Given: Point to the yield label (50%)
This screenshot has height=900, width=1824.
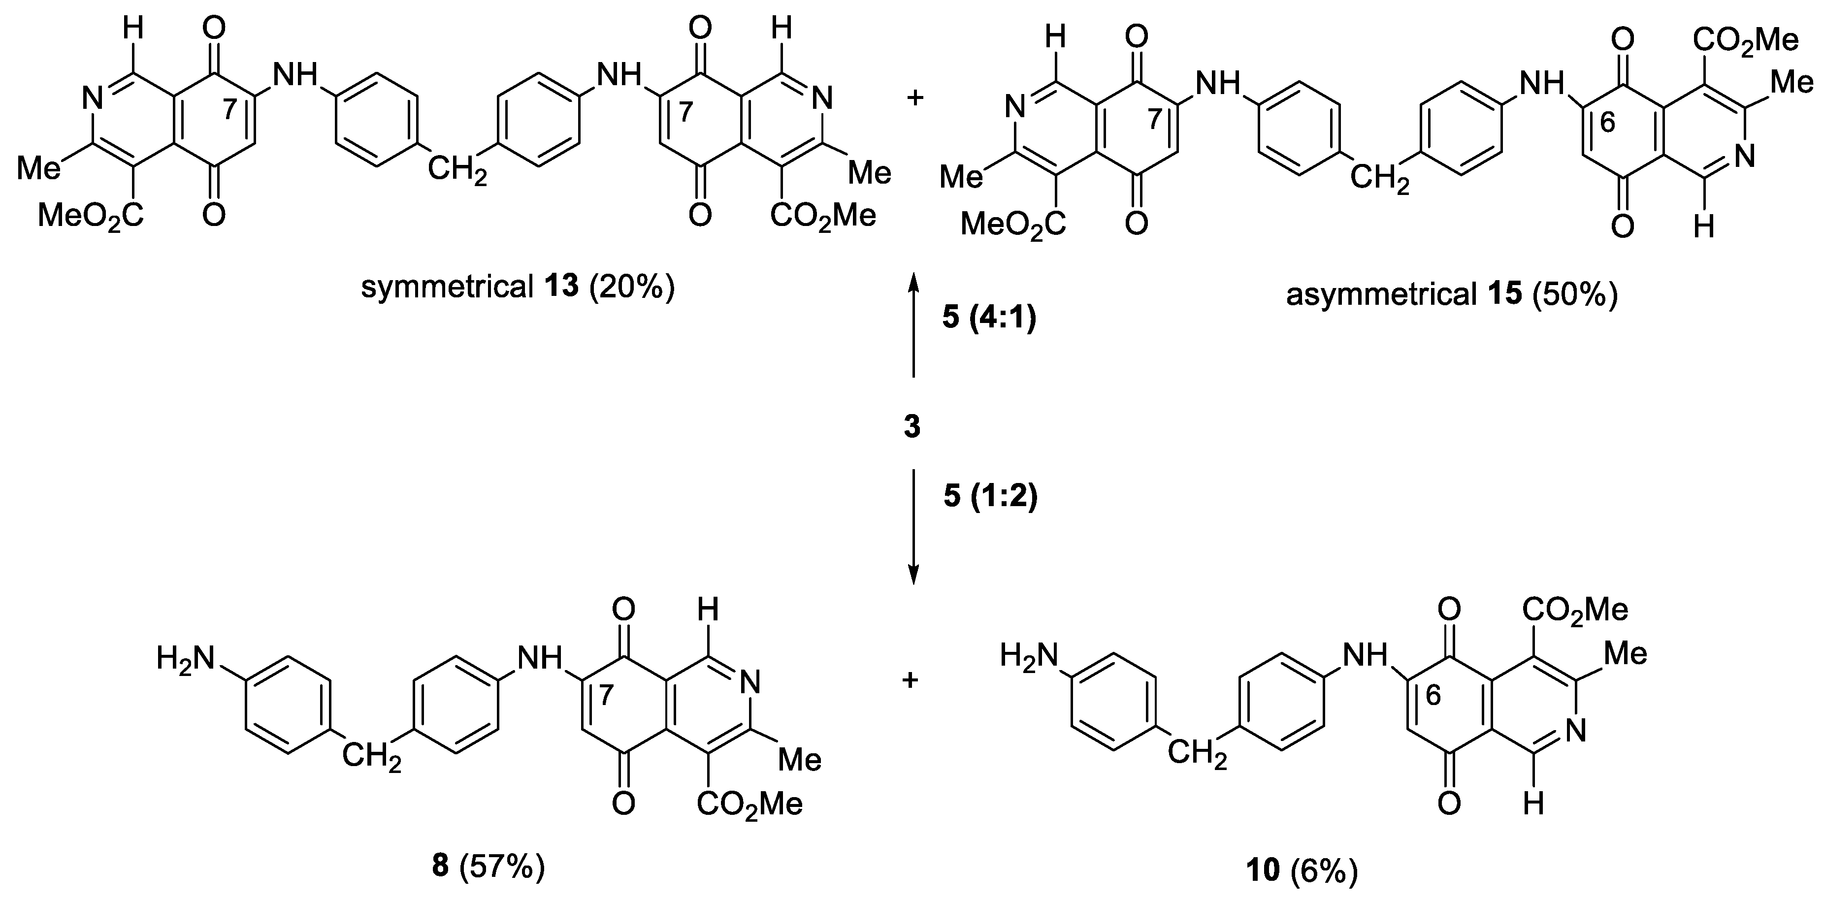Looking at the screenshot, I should point(1575,294).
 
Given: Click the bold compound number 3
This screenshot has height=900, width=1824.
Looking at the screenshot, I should point(912,427).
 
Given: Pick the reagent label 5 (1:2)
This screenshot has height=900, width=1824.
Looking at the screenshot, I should point(990,497).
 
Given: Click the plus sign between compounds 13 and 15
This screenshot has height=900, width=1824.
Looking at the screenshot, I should point(915,97).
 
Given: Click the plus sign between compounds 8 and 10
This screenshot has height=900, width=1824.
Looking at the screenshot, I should point(911,680).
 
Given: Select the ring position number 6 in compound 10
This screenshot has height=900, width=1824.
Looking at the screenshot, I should point(1433,696).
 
